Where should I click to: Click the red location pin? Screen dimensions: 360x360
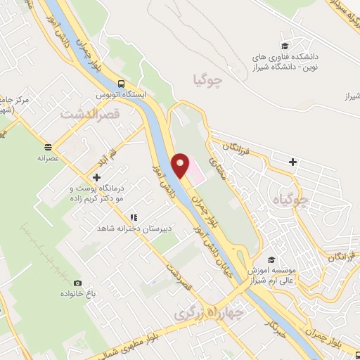pyautogui.click(x=181, y=164)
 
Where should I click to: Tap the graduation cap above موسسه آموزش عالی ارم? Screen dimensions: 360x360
pyautogui.click(x=271, y=259)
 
